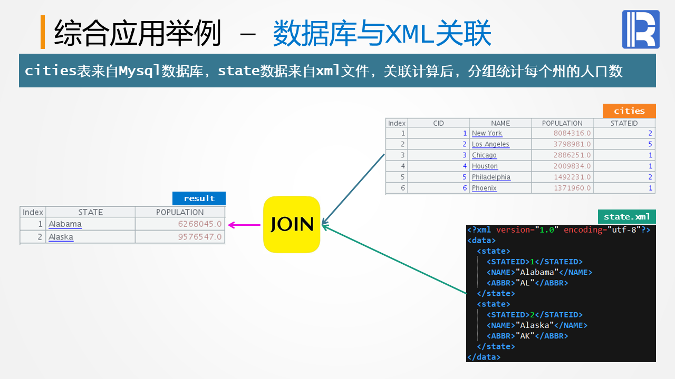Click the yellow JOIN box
292,224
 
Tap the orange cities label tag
629,111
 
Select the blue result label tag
199,198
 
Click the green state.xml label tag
626,216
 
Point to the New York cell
487,133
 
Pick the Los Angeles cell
490,144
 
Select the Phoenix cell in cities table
484,188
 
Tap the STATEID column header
624,123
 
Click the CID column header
438,123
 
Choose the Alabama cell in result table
65,224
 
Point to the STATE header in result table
90,212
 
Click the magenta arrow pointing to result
244,225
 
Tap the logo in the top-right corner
641,29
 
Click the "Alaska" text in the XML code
537,325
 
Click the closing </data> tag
484,357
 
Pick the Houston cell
485,166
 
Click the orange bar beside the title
43,32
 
